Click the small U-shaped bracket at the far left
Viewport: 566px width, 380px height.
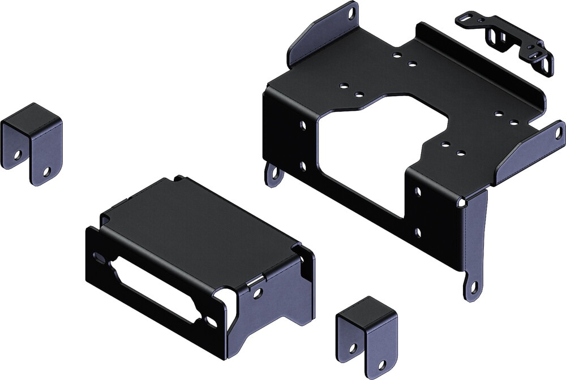pyautogui.click(x=32, y=141)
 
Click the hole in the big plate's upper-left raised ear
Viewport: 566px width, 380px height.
pyautogui.click(x=351, y=11)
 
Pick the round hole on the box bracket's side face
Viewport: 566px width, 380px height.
pyautogui.click(x=258, y=293)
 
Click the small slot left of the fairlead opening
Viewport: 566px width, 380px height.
pyautogui.click(x=98, y=257)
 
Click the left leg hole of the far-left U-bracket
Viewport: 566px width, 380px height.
pyautogui.click(x=18, y=154)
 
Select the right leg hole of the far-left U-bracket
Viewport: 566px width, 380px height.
pyautogui.click(x=48, y=170)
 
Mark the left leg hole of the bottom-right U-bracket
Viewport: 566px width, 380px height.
pyautogui.click(x=353, y=348)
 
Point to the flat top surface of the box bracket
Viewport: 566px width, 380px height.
pyautogui.click(x=198, y=226)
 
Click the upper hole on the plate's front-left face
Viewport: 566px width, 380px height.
pyautogui.click(x=303, y=124)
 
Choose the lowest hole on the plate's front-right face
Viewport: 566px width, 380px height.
pyautogui.click(x=417, y=232)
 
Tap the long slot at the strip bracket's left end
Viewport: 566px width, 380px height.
pyautogui.click(x=466, y=21)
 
